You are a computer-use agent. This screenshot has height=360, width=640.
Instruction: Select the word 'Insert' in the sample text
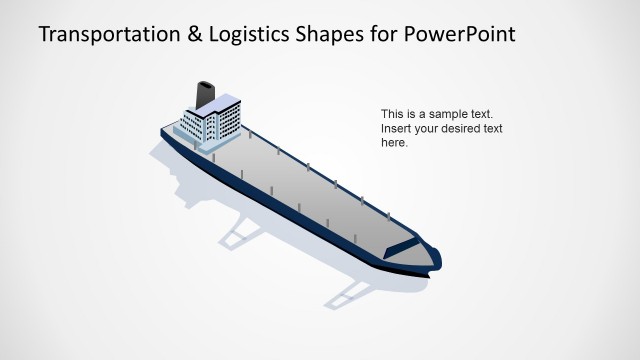point(396,128)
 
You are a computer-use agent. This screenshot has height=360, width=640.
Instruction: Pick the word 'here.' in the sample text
point(395,142)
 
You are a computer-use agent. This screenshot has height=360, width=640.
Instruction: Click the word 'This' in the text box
point(393,114)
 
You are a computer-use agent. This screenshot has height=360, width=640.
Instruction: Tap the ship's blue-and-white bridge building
point(213,120)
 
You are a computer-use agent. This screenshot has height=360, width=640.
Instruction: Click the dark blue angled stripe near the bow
point(402,245)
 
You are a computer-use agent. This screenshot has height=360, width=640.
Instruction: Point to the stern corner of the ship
point(163,130)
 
